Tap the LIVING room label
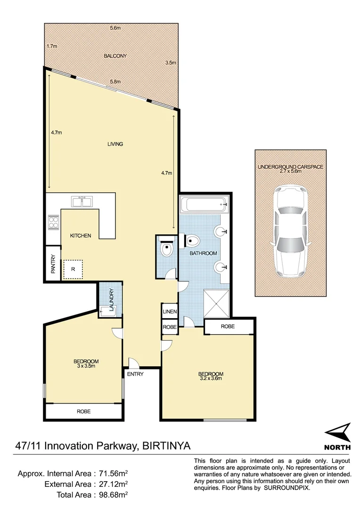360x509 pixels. [115, 144]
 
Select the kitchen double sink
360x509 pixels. [82, 202]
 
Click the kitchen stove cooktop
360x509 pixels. [53, 222]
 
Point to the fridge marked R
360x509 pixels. [73, 269]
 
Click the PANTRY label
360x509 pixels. [53, 264]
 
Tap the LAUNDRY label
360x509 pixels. [112, 300]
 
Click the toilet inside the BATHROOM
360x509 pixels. [193, 241]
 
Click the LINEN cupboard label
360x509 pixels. [169, 312]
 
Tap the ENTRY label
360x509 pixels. [135, 374]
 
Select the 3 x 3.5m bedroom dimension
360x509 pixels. [86, 365]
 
